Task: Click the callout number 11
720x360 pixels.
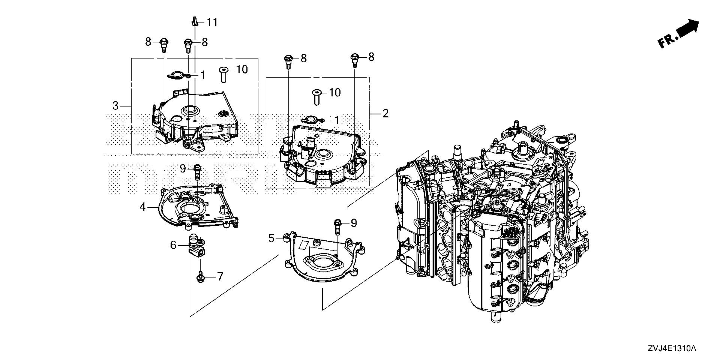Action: point(212,22)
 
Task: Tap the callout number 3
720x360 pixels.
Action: point(115,106)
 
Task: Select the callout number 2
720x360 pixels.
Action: point(385,113)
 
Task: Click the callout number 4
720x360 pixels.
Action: point(142,206)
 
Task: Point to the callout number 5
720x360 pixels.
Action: point(272,238)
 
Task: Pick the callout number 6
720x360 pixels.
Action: point(173,245)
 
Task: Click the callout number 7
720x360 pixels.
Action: point(220,277)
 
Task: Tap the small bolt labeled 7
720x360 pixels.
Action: point(201,277)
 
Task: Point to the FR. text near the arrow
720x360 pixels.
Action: point(667,41)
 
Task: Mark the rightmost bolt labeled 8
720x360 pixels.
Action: point(354,60)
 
